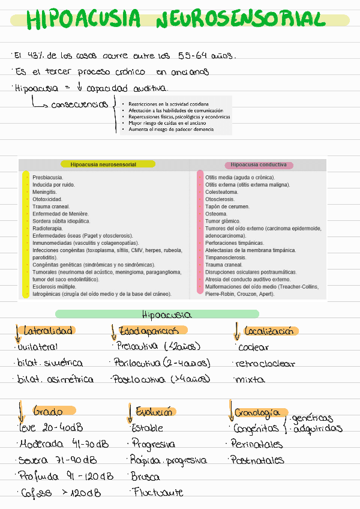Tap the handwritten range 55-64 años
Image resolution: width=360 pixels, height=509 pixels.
click(206, 56)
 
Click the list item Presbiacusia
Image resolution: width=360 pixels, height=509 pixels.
click(48, 178)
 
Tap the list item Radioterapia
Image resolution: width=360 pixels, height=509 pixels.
click(50, 228)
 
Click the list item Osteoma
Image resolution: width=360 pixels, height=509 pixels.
click(216, 214)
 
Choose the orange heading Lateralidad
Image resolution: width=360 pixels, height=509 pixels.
click(48, 331)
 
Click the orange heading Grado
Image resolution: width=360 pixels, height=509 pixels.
click(49, 412)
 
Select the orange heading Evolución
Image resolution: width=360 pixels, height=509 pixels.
click(154, 412)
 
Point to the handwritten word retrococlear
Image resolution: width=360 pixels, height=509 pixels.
click(265, 363)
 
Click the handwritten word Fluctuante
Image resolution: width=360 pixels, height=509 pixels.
click(157, 492)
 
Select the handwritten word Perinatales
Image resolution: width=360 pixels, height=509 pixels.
click(257, 444)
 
